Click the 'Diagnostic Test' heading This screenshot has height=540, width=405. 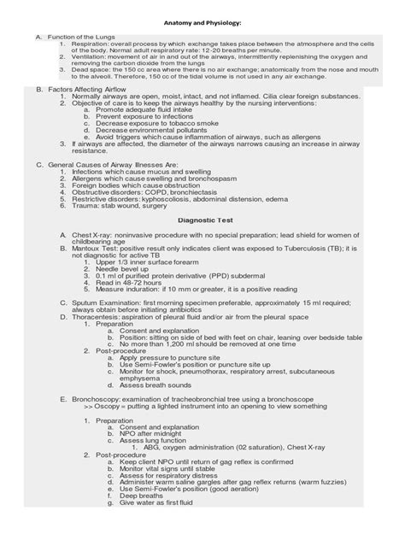tap(202, 219)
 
